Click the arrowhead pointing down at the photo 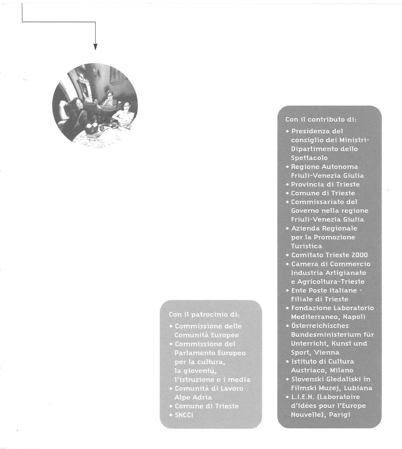pyautogui.click(x=95, y=47)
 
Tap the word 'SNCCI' pyautogui.click(x=184, y=415)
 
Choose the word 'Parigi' pyautogui.click(x=340, y=415)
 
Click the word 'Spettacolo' pyautogui.click(x=309, y=158)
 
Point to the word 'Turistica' pyautogui.click(x=306, y=246)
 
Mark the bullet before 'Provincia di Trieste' pyautogui.click(x=288, y=185)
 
